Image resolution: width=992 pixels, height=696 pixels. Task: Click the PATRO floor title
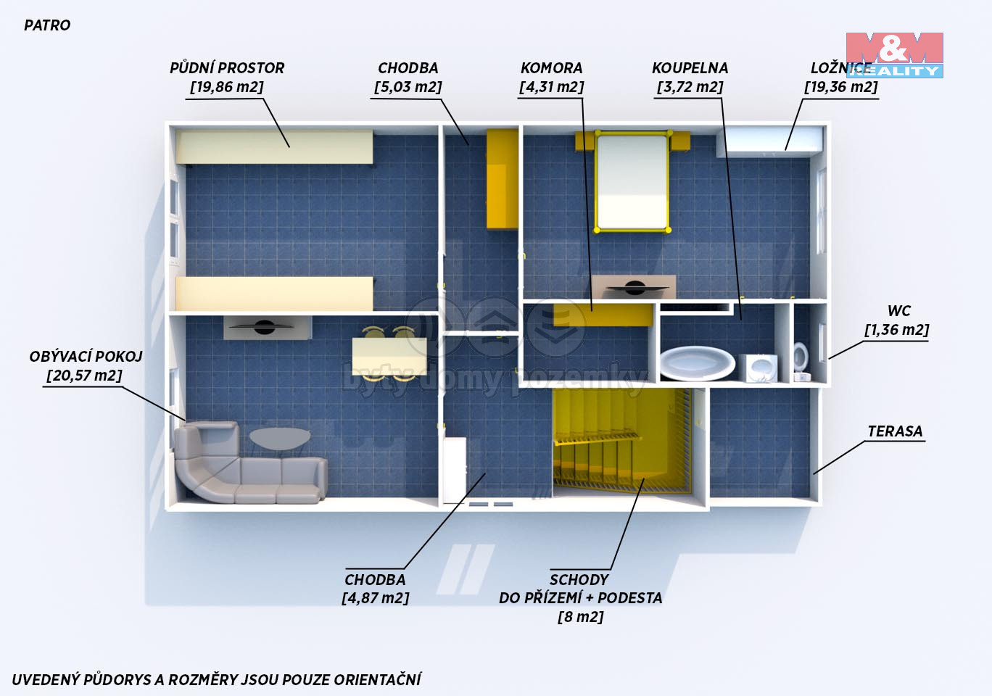coord(47,25)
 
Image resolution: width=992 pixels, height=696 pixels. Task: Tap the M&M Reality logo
coord(895,55)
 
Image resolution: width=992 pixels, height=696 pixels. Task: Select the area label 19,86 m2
coord(227,87)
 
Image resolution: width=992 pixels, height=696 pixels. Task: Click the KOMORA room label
coord(551,67)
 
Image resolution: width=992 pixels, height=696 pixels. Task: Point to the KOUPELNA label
coord(690,67)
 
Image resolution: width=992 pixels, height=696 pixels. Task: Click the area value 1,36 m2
coord(897,330)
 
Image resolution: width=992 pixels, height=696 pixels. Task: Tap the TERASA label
coord(895,431)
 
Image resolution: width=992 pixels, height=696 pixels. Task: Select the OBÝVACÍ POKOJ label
coord(86,357)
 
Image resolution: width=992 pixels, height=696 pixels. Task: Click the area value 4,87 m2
coord(376,598)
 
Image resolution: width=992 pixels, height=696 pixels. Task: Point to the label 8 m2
coord(581,617)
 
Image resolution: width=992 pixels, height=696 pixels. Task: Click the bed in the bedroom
coord(632,181)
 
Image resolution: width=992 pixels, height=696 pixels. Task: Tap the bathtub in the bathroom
coord(698,363)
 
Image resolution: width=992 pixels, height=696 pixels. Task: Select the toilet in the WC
coord(801,361)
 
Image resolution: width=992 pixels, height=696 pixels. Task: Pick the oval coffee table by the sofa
coord(280,438)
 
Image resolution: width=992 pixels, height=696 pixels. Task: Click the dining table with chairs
coord(389,355)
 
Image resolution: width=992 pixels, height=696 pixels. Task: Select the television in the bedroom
coord(634,287)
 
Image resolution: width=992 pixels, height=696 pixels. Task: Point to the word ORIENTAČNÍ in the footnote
coord(377,679)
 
